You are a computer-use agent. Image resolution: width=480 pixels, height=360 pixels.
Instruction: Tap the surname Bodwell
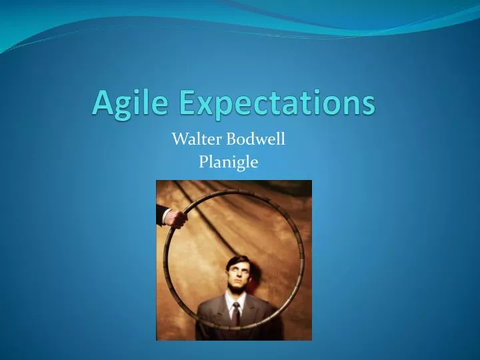257,139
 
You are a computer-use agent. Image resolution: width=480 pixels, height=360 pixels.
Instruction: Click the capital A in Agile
103,101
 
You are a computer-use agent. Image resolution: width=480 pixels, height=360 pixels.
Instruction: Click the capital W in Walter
179,139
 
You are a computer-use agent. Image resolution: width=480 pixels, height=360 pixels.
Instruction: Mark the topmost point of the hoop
233,190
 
